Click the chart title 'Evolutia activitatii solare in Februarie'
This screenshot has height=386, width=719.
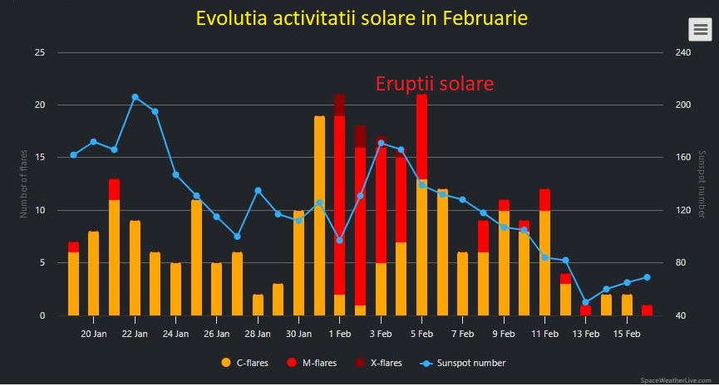click(x=361, y=18)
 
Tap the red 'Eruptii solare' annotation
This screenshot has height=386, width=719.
click(x=435, y=84)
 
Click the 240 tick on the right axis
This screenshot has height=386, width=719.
click(x=682, y=52)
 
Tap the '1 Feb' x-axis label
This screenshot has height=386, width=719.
click(x=339, y=334)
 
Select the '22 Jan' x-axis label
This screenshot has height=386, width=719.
click(x=135, y=334)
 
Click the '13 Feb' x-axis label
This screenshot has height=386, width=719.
click(x=585, y=334)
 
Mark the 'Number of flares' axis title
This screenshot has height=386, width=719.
click(x=23, y=183)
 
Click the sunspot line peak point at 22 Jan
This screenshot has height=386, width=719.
click(x=135, y=97)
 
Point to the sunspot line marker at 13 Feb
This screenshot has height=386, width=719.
click(x=585, y=302)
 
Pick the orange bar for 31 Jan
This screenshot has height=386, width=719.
click(x=319, y=216)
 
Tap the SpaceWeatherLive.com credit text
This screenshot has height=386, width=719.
click(x=677, y=379)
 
